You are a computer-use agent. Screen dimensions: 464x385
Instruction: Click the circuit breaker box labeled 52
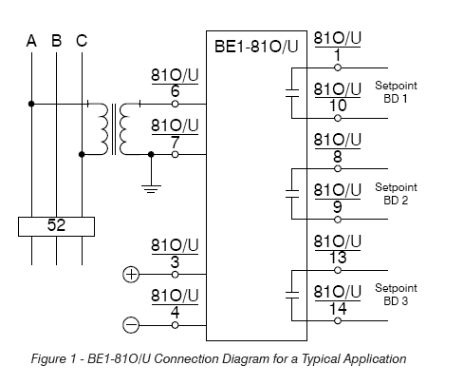click(56, 226)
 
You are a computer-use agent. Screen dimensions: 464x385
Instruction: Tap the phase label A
click(31, 41)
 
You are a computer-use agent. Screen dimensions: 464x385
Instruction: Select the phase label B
click(56, 41)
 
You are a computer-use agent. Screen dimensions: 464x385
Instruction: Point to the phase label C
click(82, 41)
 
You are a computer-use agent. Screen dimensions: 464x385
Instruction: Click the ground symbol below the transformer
click(151, 189)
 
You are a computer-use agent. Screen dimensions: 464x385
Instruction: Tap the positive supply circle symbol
click(131, 275)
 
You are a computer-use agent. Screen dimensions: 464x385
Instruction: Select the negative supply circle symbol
click(131, 325)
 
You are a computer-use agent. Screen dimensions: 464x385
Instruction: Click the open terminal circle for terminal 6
click(175, 104)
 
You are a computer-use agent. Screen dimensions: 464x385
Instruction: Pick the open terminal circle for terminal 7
click(175, 154)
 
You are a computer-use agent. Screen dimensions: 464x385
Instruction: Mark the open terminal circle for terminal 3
click(175, 275)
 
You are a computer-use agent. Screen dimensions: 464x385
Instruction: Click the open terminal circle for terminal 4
click(175, 325)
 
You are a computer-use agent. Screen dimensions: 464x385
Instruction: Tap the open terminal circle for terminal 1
click(338, 67)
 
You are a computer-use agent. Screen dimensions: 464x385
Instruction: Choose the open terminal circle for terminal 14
click(338, 320)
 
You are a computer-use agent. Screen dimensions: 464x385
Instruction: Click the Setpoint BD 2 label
click(396, 194)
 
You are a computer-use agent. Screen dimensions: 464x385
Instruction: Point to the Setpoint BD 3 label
click(396, 295)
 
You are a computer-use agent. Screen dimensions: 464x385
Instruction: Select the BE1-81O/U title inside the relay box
click(256, 47)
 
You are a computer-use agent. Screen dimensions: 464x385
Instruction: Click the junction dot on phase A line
click(31, 104)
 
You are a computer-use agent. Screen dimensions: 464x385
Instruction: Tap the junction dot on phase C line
click(82, 154)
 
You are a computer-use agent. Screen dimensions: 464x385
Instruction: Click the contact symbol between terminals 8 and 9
click(292, 194)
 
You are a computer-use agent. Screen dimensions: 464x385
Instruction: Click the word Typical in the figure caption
click(321, 359)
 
